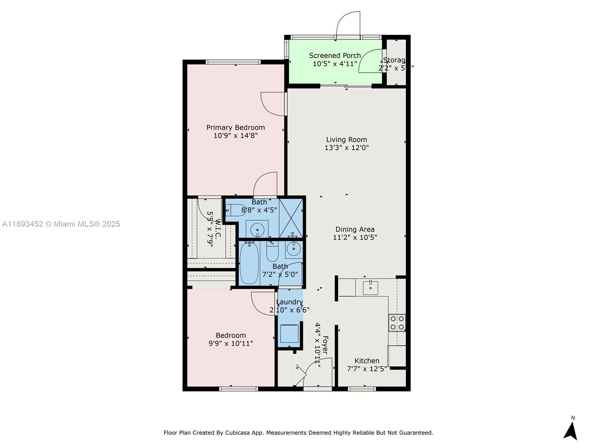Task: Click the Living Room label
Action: [346, 140]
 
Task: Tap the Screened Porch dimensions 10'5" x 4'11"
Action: [335, 64]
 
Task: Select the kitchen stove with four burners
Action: [397, 323]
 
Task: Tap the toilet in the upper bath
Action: [236, 211]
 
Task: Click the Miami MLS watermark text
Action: [61, 224]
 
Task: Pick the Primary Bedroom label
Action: [235, 128]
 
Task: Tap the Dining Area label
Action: [354, 229]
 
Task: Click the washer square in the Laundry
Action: [289, 333]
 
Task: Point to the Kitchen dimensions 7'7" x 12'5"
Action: [367, 368]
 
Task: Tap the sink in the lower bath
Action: [294, 249]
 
